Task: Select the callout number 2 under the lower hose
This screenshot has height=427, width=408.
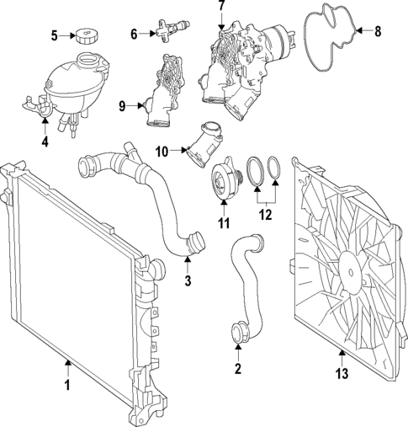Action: (238, 368)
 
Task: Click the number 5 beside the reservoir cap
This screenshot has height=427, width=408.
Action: (55, 35)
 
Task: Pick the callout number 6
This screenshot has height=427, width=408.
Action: (134, 34)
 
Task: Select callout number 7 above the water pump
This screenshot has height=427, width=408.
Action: (222, 6)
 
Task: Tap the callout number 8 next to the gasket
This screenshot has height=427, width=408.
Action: (378, 31)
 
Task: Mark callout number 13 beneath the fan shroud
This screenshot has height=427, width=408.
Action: (342, 374)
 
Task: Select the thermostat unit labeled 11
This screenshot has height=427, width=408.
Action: (225, 179)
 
